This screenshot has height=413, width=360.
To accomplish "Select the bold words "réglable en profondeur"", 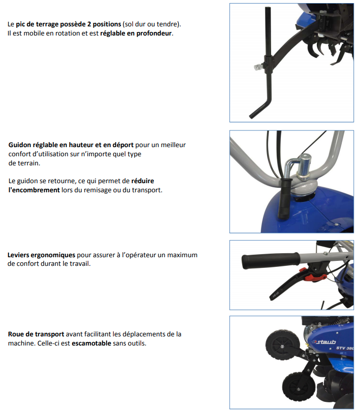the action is pos(136,33).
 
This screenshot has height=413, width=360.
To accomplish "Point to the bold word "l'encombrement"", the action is pos(34,190).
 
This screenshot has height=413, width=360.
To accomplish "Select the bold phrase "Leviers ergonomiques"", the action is pos(41,255).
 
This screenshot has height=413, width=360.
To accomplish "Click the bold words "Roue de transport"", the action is pos(36,334).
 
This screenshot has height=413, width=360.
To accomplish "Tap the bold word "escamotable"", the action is pos(91,343).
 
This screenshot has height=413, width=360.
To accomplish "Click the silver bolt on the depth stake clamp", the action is pos(258,67).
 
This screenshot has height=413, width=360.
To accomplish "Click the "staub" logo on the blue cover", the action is pos(324,342).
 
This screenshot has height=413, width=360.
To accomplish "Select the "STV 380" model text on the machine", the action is pos(345,348).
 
